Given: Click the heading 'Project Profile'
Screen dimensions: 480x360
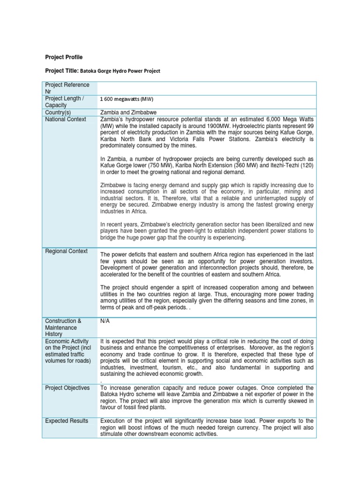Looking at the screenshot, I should pyautogui.click(x=64, y=57).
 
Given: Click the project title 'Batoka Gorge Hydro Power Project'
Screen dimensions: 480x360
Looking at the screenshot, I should pyautogui.click(x=120, y=71).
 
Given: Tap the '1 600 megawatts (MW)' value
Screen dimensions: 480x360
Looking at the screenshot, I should pyautogui.click(x=127, y=99).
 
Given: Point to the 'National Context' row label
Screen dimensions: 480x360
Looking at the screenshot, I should pyautogui.click(x=66, y=120).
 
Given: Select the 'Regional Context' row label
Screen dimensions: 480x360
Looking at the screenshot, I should pyautogui.click(x=66, y=251).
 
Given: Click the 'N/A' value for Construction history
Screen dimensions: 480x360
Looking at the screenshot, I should pyautogui.click(x=105, y=321).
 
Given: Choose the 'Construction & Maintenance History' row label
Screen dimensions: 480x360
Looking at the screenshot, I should pyautogui.click(x=63, y=327).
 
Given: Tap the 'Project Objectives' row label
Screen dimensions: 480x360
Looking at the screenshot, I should pyautogui.click(x=67, y=388).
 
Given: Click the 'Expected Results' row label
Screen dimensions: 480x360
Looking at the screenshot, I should pyautogui.click(x=67, y=421).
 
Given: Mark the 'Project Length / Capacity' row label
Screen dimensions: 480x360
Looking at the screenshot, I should pyautogui.click(x=65, y=102).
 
